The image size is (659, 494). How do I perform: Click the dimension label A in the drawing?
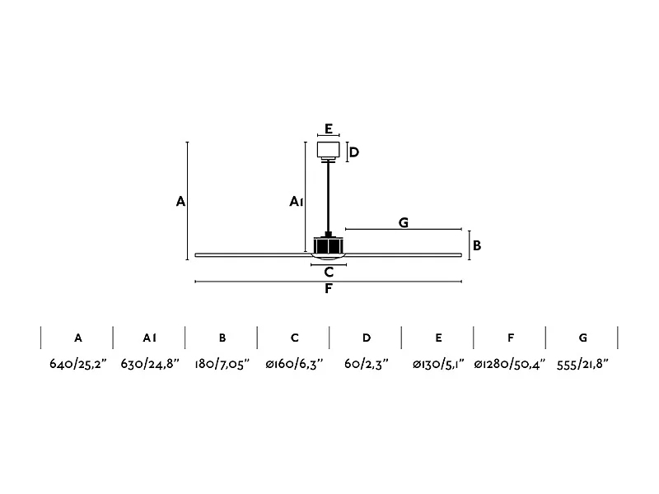point(180,201)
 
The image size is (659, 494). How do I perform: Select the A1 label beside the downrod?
point(297,201)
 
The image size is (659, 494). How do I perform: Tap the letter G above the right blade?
point(404,222)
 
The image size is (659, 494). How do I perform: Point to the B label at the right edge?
point(477,245)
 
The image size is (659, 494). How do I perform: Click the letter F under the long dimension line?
point(329,289)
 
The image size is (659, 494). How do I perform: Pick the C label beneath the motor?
point(329,272)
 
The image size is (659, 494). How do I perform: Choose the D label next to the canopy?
point(353,152)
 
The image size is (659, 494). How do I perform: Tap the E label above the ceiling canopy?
point(329,128)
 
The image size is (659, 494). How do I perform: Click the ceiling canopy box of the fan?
point(329,149)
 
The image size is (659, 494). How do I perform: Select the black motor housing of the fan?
point(329,245)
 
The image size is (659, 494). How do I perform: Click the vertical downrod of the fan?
point(329,198)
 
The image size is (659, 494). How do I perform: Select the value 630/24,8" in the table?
point(149,363)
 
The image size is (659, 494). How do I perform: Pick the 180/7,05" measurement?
point(222,363)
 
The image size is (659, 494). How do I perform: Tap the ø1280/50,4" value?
point(511,363)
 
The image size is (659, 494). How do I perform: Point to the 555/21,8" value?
point(583,363)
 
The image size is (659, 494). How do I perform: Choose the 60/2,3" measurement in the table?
point(366,363)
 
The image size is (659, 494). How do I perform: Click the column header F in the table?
point(511,338)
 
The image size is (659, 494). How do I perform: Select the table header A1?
point(149,338)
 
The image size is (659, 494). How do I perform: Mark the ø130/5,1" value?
point(438,363)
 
